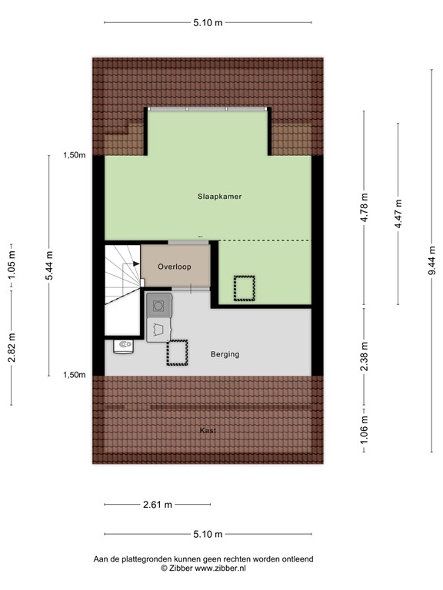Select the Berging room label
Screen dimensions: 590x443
(x=225, y=354)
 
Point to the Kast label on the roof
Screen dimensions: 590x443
(x=207, y=430)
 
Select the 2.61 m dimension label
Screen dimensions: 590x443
(x=157, y=505)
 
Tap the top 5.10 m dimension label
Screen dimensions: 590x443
(x=208, y=23)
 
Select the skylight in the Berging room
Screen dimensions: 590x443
(x=178, y=353)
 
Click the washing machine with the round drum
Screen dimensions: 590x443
(x=159, y=305)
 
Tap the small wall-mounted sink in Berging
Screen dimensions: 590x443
(x=123, y=346)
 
